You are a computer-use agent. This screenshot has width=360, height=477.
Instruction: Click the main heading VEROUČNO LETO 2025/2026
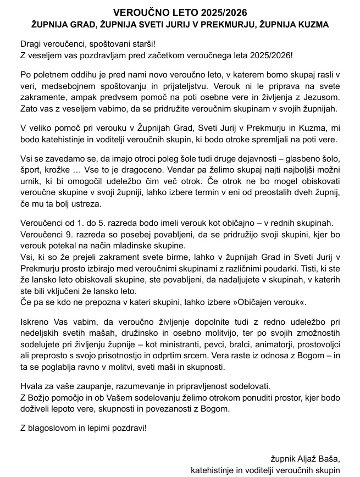pyautogui.click(x=180, y=12)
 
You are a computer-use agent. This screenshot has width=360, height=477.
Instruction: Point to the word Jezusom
pyautogui.click(x=323, y=96)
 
